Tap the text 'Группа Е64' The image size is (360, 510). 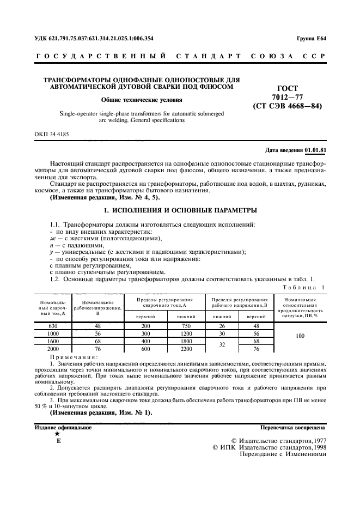click(x=311, y=38)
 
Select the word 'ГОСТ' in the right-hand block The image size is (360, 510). click(x=288, y=88)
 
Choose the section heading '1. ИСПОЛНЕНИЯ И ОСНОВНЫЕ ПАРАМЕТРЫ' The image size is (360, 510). click(x=180, y=209)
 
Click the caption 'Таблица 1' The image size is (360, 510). click(x=304, y=286)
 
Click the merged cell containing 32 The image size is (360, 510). click(x=222, y=344)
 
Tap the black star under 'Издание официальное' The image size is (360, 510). click(x=57, y=434)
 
